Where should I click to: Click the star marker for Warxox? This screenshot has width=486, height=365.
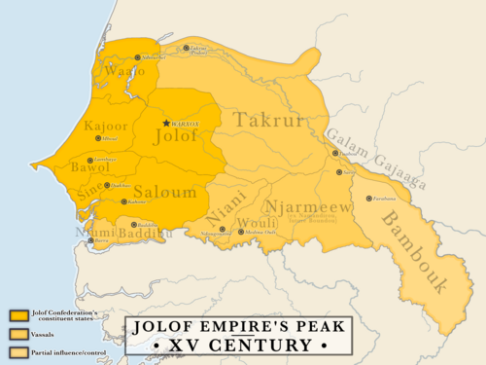pyautogui.click(x=166, y=124)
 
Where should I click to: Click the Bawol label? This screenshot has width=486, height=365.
pyautogui.click(x=90, y=168)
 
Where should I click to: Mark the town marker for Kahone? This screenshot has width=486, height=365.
pyautogui.click(x=122, y=201)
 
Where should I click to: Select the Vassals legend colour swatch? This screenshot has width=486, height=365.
pyautogui.click(x=17, y=333)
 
